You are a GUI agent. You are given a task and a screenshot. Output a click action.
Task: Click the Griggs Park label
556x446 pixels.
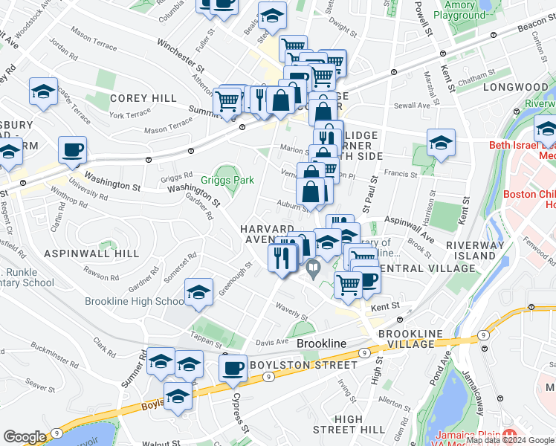point(227,180)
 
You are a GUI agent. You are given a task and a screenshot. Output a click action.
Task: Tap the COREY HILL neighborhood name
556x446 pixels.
point(143,98)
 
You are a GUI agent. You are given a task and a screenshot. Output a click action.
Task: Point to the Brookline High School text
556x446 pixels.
point(135,301)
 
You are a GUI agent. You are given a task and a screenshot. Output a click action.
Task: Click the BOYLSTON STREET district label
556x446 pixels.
point(294,365)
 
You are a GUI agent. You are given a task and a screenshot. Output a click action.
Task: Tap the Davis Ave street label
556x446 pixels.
point(271,342)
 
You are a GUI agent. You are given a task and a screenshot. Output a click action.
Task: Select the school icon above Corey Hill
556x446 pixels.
point(44,91)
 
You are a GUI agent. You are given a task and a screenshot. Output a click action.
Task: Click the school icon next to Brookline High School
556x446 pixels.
point(199,293)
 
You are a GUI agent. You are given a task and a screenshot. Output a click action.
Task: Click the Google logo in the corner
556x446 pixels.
point(25,437)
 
